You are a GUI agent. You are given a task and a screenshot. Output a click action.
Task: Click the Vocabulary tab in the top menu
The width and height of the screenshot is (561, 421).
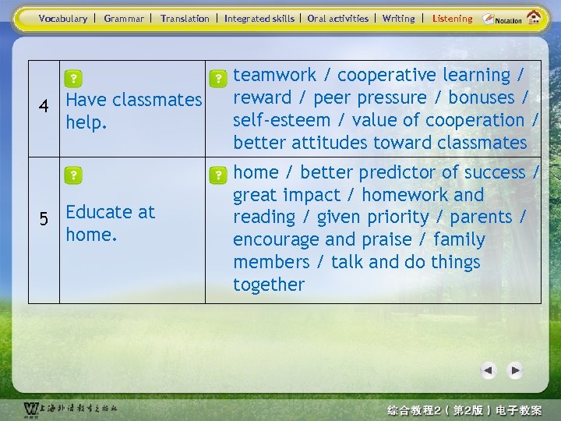(62, 18)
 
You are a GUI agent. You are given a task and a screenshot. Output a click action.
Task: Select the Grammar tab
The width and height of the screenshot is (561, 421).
(124, 18)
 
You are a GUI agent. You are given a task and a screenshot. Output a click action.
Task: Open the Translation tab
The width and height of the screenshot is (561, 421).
(185, 18)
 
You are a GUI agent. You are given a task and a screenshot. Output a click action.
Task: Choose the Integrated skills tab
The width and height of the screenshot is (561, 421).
(259, 18)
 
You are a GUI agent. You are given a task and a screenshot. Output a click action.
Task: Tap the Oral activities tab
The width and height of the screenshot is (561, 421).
(337, 18)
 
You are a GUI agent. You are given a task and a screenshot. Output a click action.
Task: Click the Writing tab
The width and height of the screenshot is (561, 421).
(398, 18)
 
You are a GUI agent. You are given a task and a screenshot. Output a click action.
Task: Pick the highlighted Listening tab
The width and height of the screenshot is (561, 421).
(452, 18)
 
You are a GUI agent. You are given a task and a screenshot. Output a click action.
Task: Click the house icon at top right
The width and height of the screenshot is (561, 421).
(534, 17)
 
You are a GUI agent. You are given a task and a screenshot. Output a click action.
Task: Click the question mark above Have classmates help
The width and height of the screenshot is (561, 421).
(72, 79)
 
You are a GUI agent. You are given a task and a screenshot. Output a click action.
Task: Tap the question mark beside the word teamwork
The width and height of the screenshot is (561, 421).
(220, 78)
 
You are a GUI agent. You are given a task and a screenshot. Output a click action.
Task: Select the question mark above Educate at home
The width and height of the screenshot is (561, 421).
(72, 175)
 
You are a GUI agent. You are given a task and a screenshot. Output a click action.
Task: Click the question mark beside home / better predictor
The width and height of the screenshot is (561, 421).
(220, 173)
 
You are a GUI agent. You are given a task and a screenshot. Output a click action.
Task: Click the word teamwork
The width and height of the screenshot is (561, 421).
(275, 75)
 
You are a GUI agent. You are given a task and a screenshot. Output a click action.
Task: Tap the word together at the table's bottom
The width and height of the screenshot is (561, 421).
(268, 285)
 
